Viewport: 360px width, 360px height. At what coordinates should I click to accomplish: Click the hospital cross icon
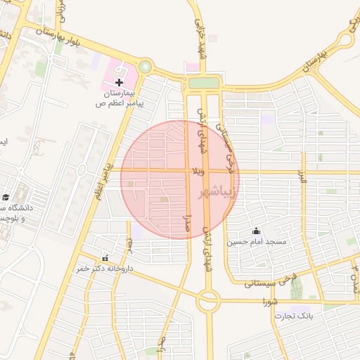(119, 83)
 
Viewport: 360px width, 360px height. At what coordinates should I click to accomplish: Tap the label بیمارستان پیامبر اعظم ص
(120, 98)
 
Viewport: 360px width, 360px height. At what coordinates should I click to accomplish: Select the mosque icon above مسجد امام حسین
(256, 231)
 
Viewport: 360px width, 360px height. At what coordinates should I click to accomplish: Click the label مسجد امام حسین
(256, 242)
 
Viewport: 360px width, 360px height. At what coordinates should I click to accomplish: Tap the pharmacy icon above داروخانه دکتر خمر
(105, 258)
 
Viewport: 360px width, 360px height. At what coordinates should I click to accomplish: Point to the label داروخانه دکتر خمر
(105, 269)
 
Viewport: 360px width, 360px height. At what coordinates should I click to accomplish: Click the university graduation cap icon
(6, 198)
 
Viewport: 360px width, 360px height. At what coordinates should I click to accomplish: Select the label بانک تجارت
(295, 316)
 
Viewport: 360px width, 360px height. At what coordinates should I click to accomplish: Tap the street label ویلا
(199, 171)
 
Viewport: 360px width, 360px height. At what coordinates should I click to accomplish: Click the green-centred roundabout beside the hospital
(145, 67)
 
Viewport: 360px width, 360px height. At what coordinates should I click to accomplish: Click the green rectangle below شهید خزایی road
(204, 83)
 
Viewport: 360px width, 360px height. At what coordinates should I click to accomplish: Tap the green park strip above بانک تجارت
(296, 288)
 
